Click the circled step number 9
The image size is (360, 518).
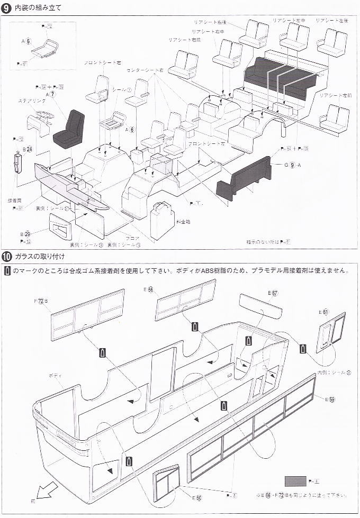click(x=6, y=7)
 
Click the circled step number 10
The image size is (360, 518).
click(x=6, y=257)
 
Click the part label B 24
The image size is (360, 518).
click(x=26, y=150)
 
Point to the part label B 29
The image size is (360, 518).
click(x=25, y=233)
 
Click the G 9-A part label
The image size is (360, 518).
click(x=292, y=165)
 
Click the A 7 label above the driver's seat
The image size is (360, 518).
click(x=52, y=94)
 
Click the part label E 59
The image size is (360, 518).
click(x=329, y=399)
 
